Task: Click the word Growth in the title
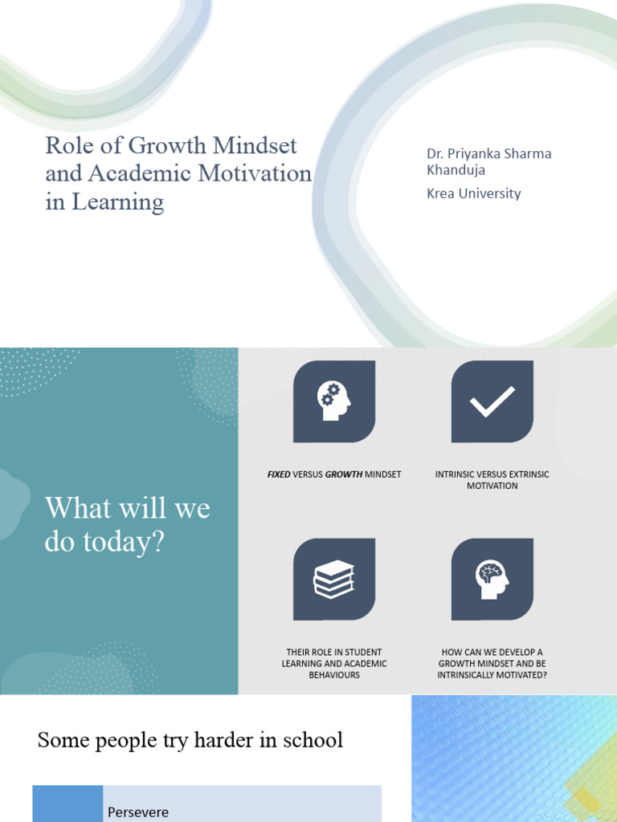(x=168, y=146)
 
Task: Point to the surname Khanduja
(x=456, y=170)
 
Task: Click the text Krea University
(x=473, y=193)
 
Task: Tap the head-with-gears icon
(x=334, y=401)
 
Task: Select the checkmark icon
(x=492, y=401)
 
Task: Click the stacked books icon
(x=334, y=579)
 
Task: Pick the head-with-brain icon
(x=492, y=579)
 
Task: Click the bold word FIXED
(x=279, y=474)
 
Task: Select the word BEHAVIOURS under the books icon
(x=334, y=675)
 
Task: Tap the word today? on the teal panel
(x=121, y=543)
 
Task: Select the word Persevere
(x=138, y=812)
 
